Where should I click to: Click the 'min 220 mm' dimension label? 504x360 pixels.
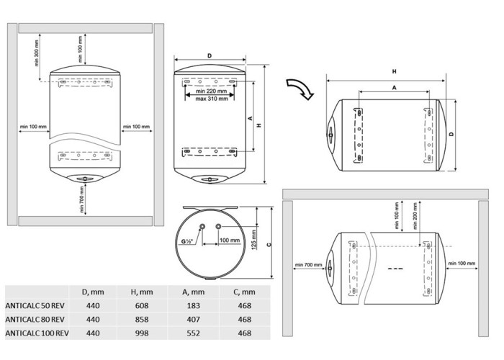[x=212, y=93]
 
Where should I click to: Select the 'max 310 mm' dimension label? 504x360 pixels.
[x=212, y=100]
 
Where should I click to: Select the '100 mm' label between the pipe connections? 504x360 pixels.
[x=229, y=240]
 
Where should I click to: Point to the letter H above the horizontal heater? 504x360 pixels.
[x=395, y=71]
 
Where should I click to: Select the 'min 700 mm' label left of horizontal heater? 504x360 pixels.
[x=307, y=266]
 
